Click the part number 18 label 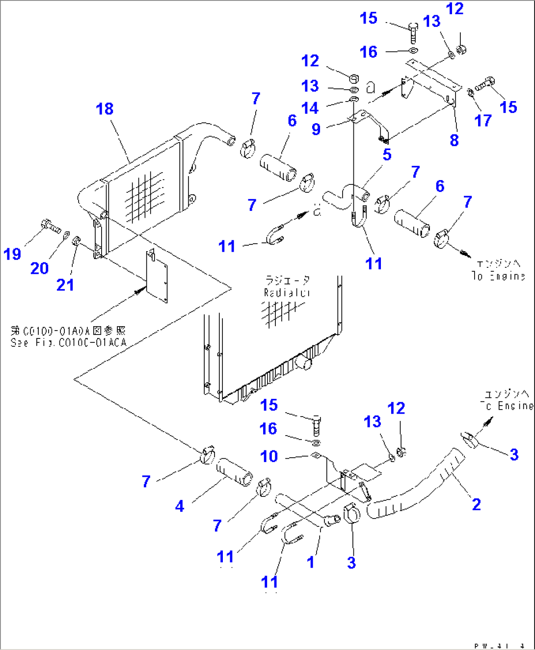tap(105, 109)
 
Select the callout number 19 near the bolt tap(12, 254)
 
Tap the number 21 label tap(65, 285)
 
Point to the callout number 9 tap(316, 129)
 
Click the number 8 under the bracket tap(454, 140)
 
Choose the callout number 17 tap(483, 121)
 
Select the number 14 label tap(310, 108)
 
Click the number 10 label tap(269, 456)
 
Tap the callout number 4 tap(180, 506)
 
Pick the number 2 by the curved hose tap(476, 504)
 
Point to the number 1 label tap(310, 562)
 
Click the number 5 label tap(387, 155)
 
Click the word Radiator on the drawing tap(287, 293)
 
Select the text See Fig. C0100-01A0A tap(68, 342)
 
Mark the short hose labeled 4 tap(235, 471)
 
